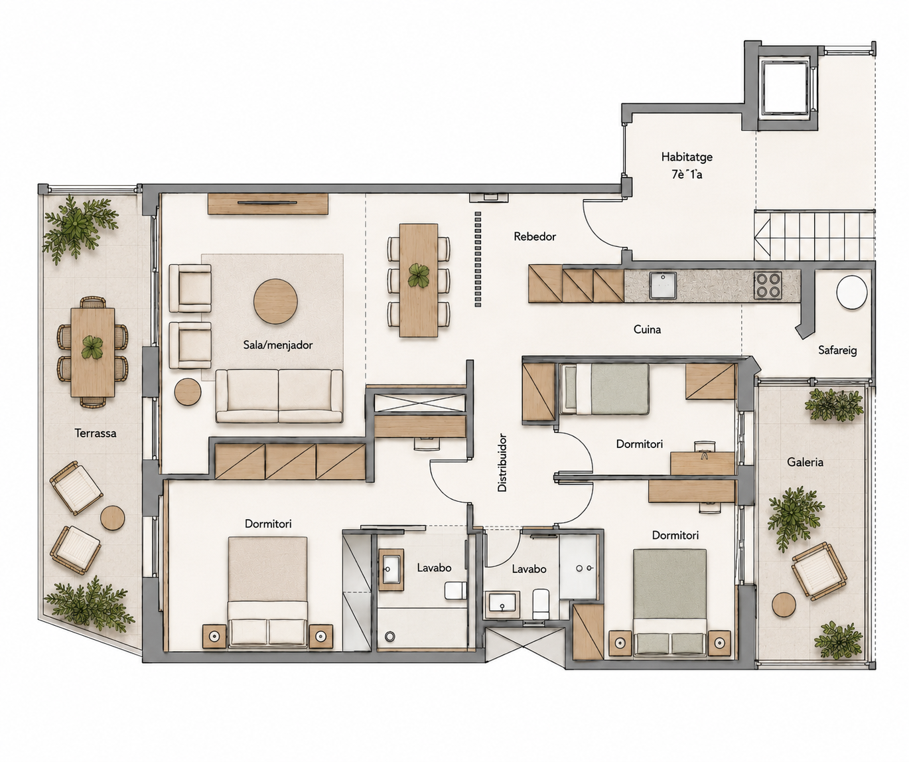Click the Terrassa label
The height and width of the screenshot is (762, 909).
96,433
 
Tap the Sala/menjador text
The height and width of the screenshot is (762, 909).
278,345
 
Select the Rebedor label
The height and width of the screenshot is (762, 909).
535,236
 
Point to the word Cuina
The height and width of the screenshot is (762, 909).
647,330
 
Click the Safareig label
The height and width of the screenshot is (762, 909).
837,350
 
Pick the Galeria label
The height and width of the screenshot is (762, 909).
805,462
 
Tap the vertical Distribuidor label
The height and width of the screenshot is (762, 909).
502,463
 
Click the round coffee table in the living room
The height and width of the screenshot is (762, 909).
275,301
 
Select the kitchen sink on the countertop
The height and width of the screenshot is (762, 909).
663,285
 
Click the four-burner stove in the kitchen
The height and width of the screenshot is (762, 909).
768,285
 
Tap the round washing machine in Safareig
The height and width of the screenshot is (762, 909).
851,292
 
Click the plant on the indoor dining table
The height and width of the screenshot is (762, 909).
419,275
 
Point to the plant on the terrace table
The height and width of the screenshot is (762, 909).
92,347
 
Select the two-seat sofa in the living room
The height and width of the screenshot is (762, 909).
279,396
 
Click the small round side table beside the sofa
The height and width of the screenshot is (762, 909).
188,392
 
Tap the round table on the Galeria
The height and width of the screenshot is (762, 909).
784,605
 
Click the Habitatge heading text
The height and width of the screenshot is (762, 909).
687,157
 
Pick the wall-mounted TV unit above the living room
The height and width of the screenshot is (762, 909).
268,204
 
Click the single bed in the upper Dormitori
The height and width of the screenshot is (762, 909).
604,389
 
